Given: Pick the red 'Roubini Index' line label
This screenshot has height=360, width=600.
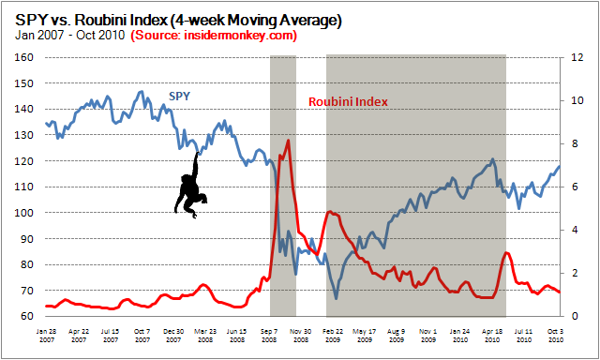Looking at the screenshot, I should [348, 101].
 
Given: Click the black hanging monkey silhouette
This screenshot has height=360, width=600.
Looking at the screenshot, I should [193, 185].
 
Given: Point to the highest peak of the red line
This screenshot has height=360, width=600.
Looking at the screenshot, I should [288, 141].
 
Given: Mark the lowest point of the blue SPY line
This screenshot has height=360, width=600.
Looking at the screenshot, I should [337, 298].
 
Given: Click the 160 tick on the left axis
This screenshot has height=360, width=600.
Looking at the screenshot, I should [25, 57].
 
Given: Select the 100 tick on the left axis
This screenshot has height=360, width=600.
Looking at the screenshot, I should [25, 213].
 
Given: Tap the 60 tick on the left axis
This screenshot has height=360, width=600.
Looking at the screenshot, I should [27, 317].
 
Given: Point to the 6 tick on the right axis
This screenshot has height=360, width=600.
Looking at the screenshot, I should [583, 187].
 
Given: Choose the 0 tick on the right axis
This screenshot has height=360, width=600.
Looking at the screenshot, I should [583, 317].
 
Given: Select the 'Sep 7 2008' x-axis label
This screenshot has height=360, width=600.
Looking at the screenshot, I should [269, 335].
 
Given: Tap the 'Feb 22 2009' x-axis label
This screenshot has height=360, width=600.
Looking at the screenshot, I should [333, 335].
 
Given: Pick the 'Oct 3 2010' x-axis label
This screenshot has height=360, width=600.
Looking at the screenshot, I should [555, 335].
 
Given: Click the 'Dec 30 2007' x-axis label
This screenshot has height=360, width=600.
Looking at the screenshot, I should [173, 335].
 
